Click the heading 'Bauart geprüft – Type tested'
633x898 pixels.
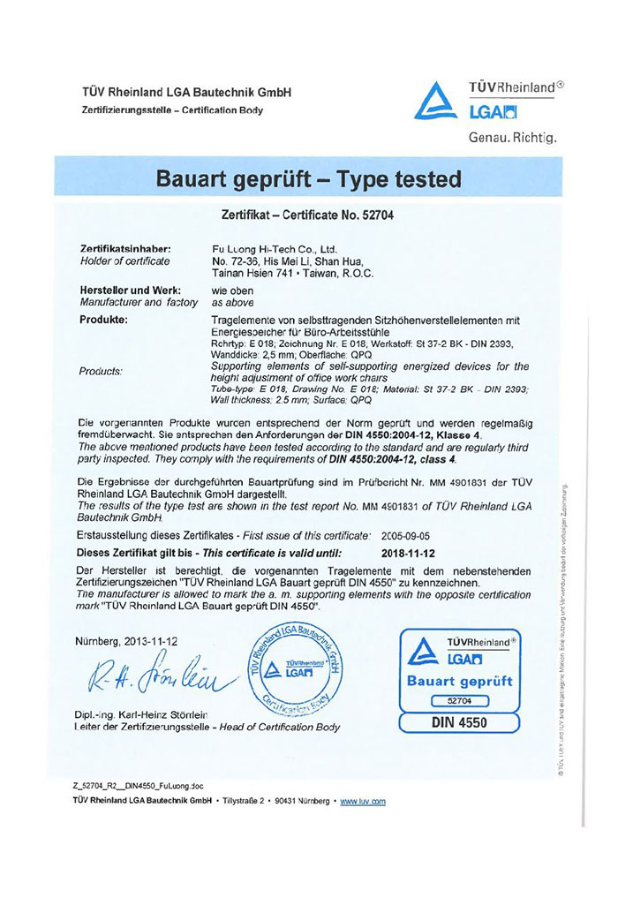tap(308, 180)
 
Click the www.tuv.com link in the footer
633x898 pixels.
tap(363, 801)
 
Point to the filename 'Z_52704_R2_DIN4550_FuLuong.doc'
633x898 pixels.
tap(139, 784)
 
